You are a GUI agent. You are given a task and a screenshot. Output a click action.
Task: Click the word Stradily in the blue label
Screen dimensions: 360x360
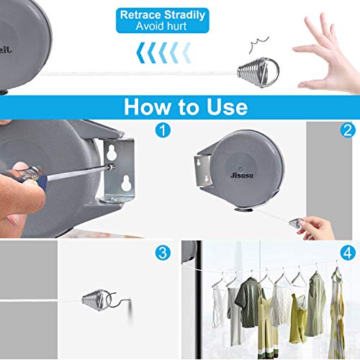(x=184, y=15)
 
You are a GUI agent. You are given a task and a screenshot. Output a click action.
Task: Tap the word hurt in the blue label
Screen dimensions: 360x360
(x=174, y=26)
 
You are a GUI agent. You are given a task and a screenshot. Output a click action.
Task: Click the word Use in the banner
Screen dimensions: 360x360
(x=227, y=107)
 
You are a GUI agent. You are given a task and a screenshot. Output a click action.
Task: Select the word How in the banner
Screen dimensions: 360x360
(x=148, y=107)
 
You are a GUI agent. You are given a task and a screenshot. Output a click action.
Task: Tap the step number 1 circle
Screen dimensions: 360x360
(x=163, y=130)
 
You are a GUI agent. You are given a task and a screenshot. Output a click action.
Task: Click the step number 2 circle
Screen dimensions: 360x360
(x=348, y=130)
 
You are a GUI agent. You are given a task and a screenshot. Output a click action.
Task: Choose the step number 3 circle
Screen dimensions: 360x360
(x=163, y=253)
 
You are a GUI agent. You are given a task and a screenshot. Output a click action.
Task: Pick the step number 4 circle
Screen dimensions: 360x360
(x=348, y=253)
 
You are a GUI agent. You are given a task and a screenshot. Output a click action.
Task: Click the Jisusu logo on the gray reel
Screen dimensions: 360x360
(x=242, y=175)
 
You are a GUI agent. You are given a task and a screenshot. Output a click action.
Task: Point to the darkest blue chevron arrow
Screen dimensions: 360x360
(x=141, y=53)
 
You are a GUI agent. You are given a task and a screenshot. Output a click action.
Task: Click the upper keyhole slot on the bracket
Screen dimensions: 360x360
(x=112, y=153)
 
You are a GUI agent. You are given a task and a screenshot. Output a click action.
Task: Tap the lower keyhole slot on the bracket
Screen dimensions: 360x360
(x=125, y=183)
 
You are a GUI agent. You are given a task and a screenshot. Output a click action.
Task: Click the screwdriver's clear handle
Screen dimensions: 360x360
(x=29, y=174)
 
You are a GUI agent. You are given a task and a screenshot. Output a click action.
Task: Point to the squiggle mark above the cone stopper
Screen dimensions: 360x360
(x=258, y=44)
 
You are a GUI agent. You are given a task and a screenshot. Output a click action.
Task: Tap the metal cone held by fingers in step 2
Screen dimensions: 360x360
(x=294, y=224)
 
